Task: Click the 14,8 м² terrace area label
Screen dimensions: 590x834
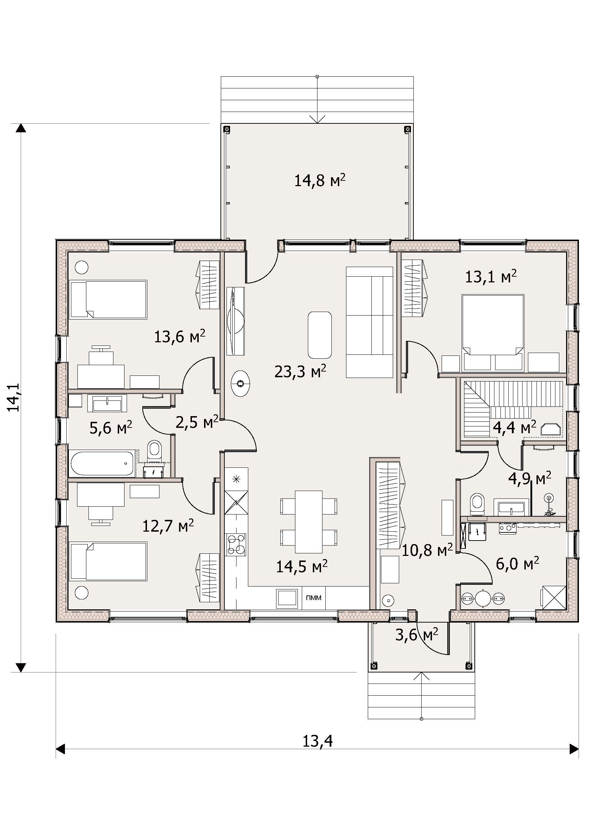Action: coord(319,180)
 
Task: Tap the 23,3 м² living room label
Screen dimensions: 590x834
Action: coord(300,372)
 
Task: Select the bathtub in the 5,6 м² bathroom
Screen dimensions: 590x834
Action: coord(102,463)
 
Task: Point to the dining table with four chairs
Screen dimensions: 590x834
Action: coord(309,522)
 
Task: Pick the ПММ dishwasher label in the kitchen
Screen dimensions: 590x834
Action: coord(314,598)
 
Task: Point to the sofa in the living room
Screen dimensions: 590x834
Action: coord(370,322)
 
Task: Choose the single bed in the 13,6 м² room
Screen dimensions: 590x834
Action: coord(108,300)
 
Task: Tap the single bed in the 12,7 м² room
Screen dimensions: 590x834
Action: coord(108,561)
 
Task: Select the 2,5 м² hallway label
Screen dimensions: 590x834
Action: coord(197,422)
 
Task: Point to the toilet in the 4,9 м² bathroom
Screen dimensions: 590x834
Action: coord(477,504)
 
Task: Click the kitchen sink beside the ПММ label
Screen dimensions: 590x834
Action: coord(287,598)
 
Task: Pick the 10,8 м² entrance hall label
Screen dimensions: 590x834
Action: coord(428,551)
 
